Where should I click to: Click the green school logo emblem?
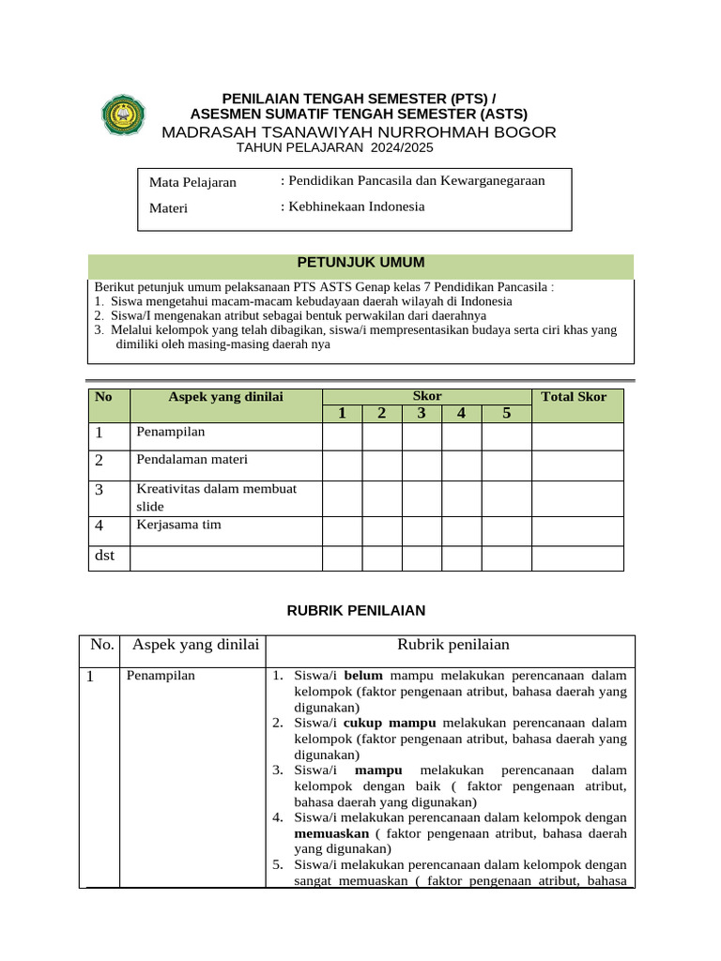coord(124,115)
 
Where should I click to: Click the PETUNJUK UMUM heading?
coord(360,262)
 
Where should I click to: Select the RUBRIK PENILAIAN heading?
coord(355,610)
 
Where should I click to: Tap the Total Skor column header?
coord(574,396)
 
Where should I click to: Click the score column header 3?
coord(422,414)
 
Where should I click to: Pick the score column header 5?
coord(506,414)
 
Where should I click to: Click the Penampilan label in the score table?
coord(170,432)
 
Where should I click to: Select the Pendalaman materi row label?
coord(192,460)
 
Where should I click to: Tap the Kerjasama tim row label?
coord(178,525)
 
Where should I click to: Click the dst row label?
coord(105,556)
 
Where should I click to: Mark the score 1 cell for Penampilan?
coord(342,436)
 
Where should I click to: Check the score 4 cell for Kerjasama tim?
coord(461,530)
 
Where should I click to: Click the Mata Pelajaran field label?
coord(192,182)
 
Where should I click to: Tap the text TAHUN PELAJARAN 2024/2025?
coord(334,148)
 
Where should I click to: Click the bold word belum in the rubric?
coord(363,675)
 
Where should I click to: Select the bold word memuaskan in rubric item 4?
coord(330,832)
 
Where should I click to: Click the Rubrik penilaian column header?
coord(453,644)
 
